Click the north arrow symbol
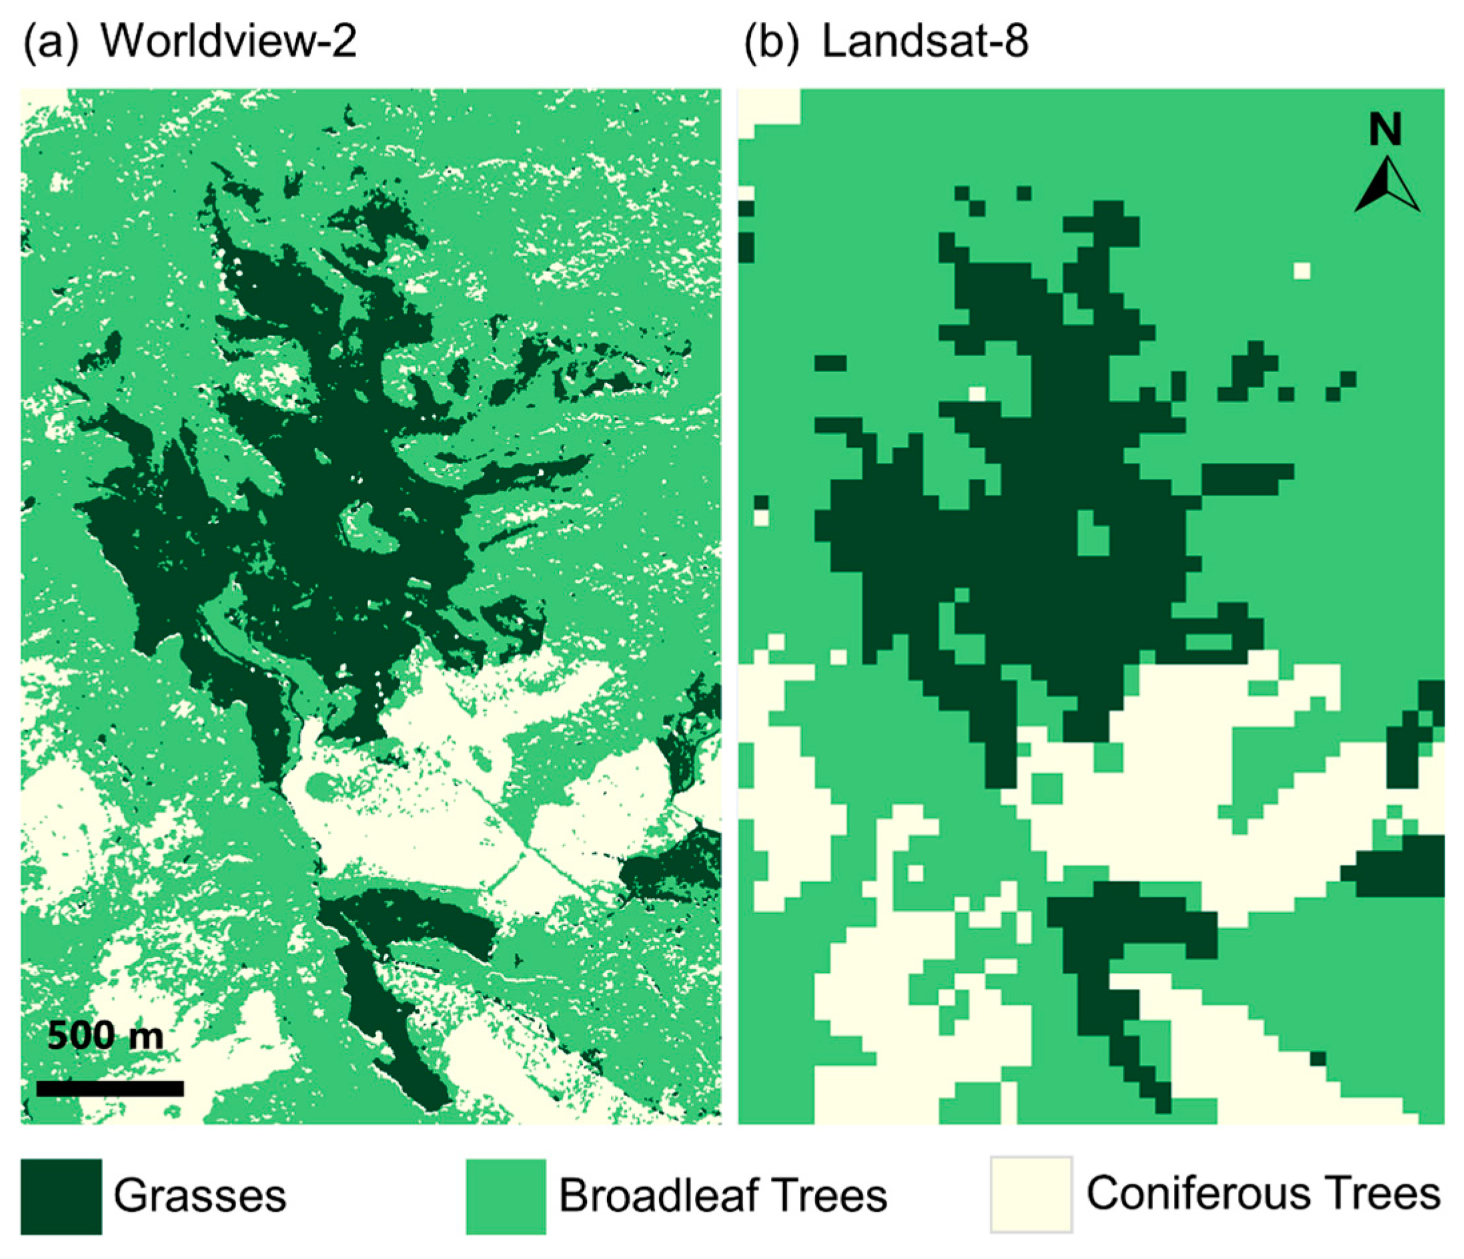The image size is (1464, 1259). (1386, 185)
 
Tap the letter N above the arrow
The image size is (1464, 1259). (1385, 130)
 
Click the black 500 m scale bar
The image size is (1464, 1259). (109, 1088)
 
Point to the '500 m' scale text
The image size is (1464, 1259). (105, 1036)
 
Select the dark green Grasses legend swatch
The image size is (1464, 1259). (61, 1196)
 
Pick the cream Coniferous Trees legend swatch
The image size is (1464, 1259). (1031, 1195)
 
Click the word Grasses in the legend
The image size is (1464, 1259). (200, 1196)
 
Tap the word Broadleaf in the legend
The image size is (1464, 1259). (648, 1196)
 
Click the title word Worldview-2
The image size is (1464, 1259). (228, 41)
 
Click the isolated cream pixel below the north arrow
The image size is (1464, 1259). (1301, 271)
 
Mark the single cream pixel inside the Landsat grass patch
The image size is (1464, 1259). (976, 393)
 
